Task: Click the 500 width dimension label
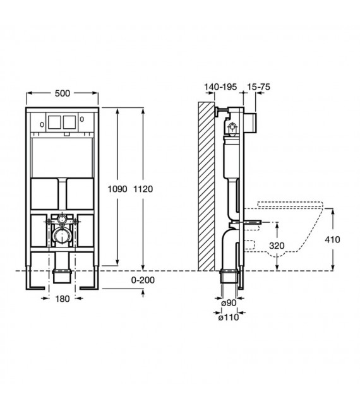[x=63, y=93]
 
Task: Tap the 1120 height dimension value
[x=145, y=188]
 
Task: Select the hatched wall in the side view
[x=207, y=186]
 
